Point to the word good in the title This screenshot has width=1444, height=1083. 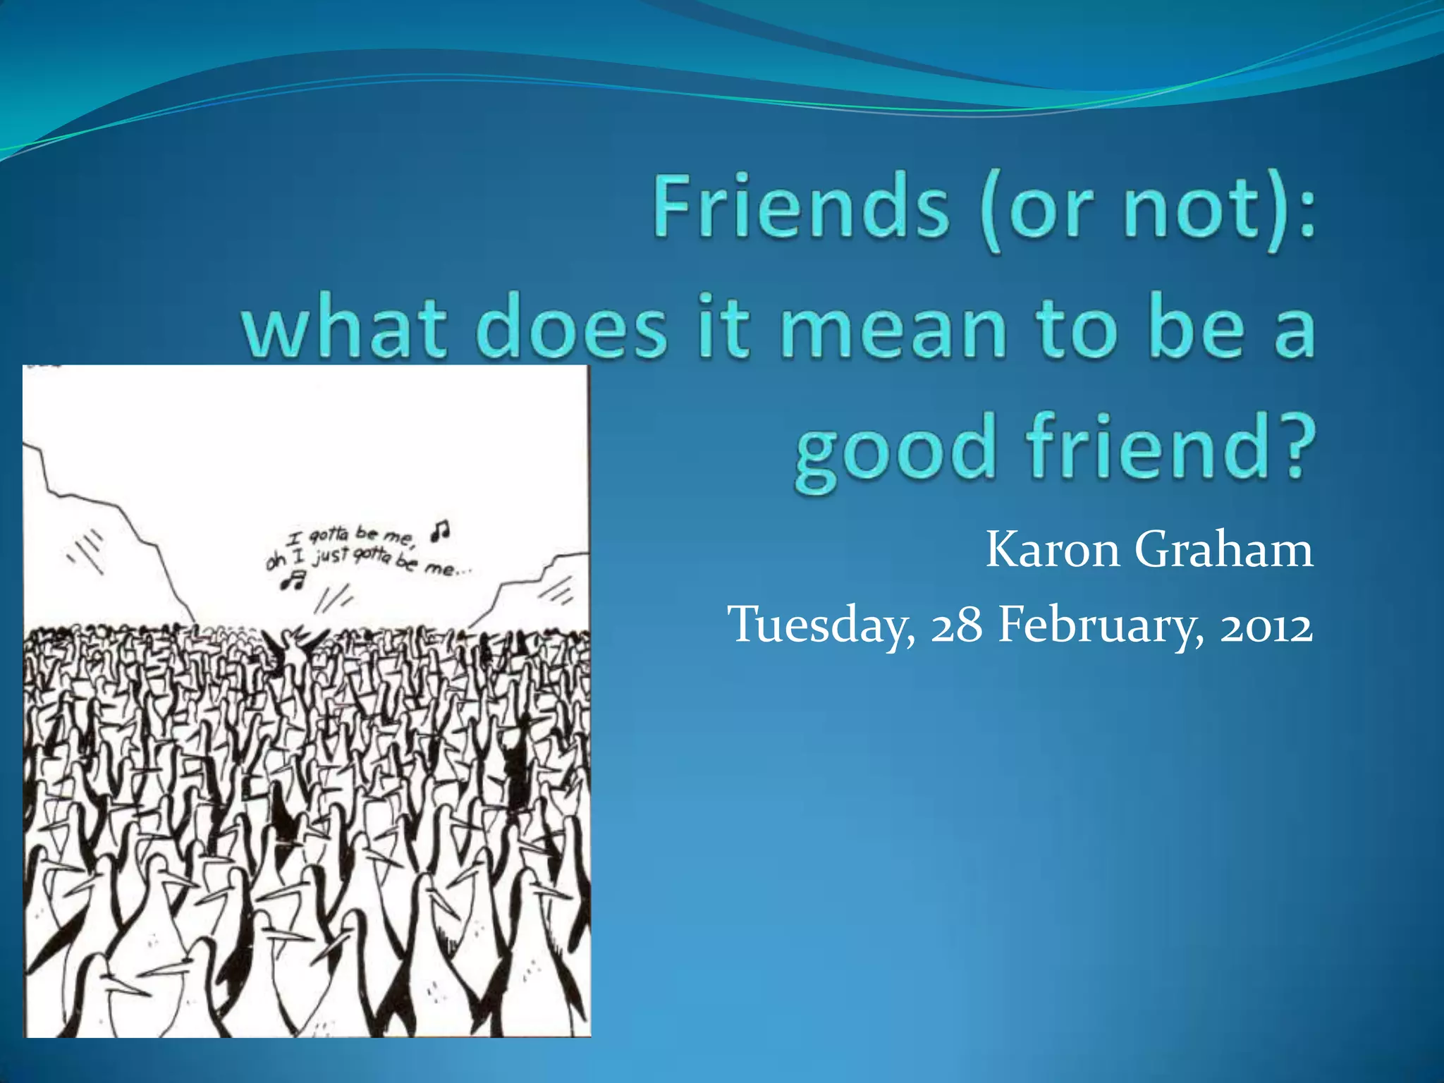pos(895,451)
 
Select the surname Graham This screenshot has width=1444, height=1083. pos(1224,549)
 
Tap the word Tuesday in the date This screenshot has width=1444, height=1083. pos(821,625)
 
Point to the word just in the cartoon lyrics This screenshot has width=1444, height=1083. pos(331,556)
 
